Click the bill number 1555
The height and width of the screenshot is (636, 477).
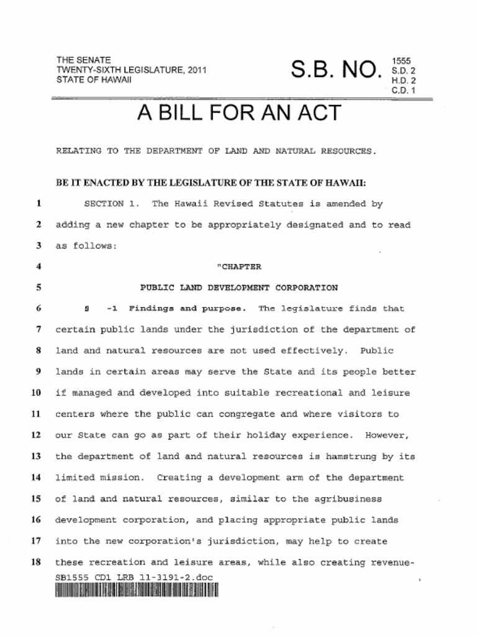(x=401, y=61)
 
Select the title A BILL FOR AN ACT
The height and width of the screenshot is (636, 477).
(x=238, y=114)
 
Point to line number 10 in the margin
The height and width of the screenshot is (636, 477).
(x=35, y=393)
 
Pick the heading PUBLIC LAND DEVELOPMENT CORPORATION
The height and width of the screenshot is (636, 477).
(x=239, y=288)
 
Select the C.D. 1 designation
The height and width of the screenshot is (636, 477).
(x=403, y=91)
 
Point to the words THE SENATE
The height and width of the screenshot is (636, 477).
(x=84, y=60)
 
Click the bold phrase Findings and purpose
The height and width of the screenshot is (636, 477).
(x=187, y=309)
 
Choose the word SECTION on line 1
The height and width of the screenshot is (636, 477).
(x=104, y=204)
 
